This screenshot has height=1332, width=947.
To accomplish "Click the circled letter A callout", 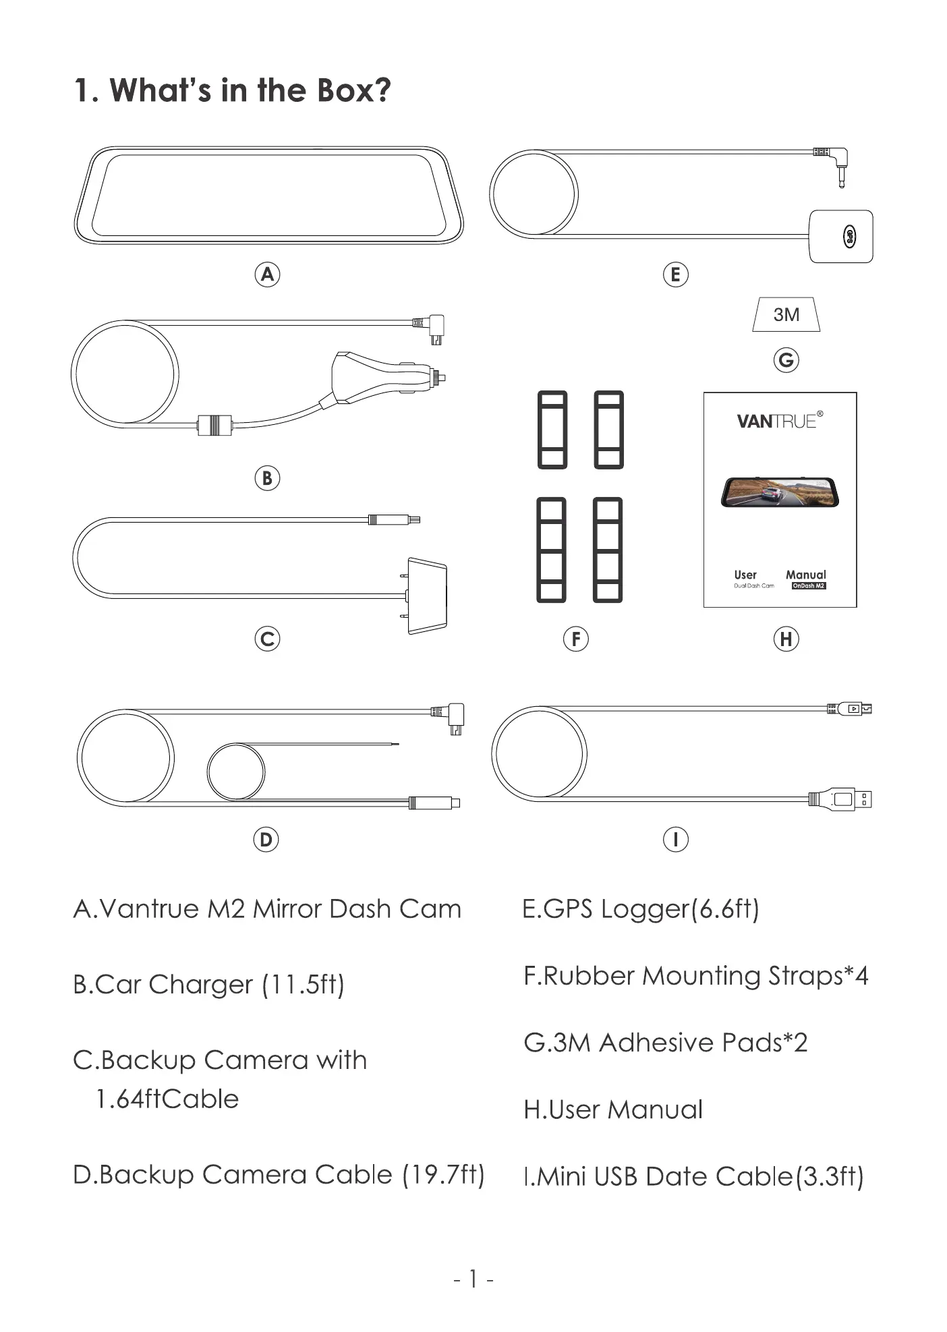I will coord(267,274).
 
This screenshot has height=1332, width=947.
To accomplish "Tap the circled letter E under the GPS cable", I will coord(675,274).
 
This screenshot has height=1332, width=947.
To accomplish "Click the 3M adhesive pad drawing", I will coord(786,314).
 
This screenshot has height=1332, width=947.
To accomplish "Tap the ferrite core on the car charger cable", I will coord(214,425).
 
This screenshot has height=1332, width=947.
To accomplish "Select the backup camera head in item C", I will coord(426,596).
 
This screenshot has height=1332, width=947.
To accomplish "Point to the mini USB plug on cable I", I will coord(851,709).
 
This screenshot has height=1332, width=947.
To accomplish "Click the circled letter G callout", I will coord(786,360).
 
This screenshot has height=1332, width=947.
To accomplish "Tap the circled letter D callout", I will coord(266,840).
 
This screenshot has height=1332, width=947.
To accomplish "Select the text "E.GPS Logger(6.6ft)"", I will coord(641,908).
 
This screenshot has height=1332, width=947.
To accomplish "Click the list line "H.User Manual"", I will coord(613,1109).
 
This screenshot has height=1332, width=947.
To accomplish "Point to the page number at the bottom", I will coord(473,1278).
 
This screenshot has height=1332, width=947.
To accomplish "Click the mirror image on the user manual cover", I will coord(780,492).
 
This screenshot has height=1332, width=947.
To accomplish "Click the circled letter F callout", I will coord(575,639).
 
